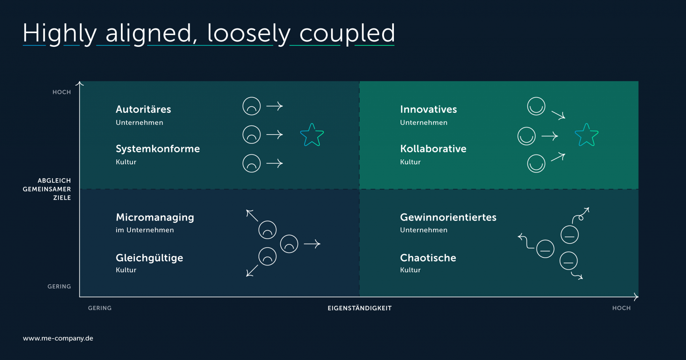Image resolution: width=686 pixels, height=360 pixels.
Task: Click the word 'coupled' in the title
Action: point(347,34)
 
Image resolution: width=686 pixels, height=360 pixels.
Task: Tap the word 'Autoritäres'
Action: point(143,109)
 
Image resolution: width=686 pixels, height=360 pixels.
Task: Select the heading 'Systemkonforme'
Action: point(158,149)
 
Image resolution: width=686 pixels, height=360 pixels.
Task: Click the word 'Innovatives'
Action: point(428,109)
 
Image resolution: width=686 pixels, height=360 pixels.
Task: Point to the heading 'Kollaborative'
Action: point(433,149)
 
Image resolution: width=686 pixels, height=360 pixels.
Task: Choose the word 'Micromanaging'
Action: point(155,218)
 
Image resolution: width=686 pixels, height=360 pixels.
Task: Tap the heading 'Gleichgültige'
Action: point(149,258)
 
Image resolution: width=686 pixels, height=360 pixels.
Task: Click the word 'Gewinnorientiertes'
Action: point(448,217)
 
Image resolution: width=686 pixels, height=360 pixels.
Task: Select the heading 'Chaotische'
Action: point(428,258)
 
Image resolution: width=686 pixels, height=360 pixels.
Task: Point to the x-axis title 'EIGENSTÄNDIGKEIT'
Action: point(359,308)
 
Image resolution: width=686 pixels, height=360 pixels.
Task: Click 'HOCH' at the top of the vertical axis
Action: point(62,92)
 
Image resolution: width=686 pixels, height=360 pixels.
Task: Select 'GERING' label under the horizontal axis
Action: point(100,308)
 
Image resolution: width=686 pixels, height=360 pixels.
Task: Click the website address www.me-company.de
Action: point(58,338)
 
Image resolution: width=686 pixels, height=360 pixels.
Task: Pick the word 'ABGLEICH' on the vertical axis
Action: point(54,181)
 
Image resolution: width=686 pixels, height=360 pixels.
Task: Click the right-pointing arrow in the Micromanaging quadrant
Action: point(312,244)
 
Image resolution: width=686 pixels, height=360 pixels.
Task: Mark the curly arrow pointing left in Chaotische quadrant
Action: point(526,241)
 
